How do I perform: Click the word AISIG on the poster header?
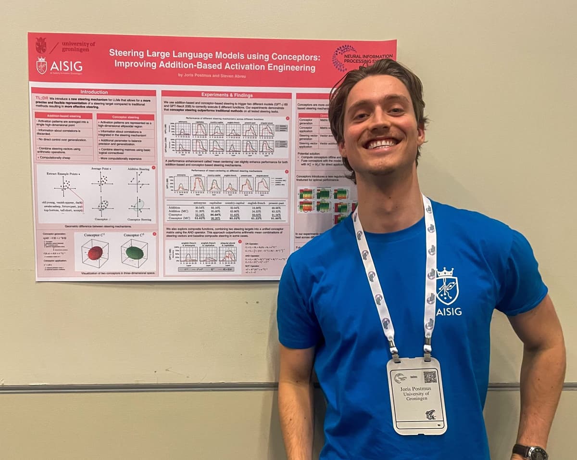coord(66,66)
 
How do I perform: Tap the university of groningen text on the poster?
coord(78,47)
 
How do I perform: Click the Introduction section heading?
coord(94,92)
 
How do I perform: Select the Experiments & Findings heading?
coord(226,94)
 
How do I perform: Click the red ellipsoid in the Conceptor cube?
coord(95,253)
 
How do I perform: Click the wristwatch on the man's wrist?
coord(530,452)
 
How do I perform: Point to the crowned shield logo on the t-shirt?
coord(447,287)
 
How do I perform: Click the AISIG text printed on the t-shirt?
coord(449,312)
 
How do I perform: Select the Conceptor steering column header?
coord(125,116)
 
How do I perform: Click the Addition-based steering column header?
coord(64,116)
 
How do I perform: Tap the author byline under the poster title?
coord(214,75)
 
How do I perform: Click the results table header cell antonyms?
coord(200,203)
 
